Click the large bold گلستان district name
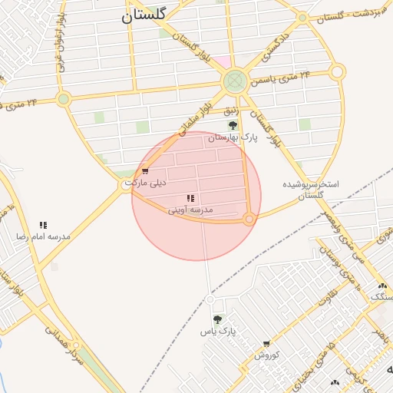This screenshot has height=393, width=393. point(150,15)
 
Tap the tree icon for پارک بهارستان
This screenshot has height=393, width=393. point(233,125)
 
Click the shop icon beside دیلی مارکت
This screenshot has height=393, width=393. point(144,171)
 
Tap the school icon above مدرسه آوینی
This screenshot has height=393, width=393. point(190,198)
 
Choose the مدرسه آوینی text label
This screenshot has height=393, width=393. point(190,210)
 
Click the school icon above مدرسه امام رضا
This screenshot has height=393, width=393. point(44,225)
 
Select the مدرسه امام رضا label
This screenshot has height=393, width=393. point(43,236)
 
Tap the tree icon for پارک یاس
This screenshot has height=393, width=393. point(217,319)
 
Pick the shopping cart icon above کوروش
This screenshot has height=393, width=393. point(266,344)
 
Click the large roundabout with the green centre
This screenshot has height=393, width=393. point(235,81)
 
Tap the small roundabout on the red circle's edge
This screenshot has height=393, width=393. point(249,220)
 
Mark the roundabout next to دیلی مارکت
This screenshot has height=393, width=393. point(126,185)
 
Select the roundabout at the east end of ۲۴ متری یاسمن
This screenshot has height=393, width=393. point(337,72)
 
